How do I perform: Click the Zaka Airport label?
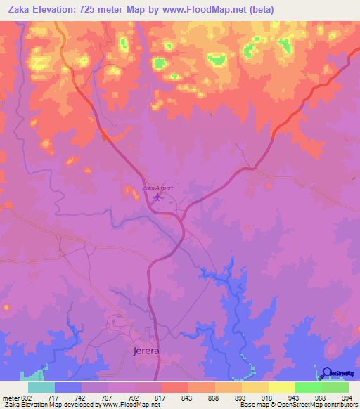pyautogui.click(x=157, y=188)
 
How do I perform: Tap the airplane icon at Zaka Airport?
pyautogui.click(x=157, y=197)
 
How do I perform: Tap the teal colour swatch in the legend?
pyautogui.click(x=41, y=387)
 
